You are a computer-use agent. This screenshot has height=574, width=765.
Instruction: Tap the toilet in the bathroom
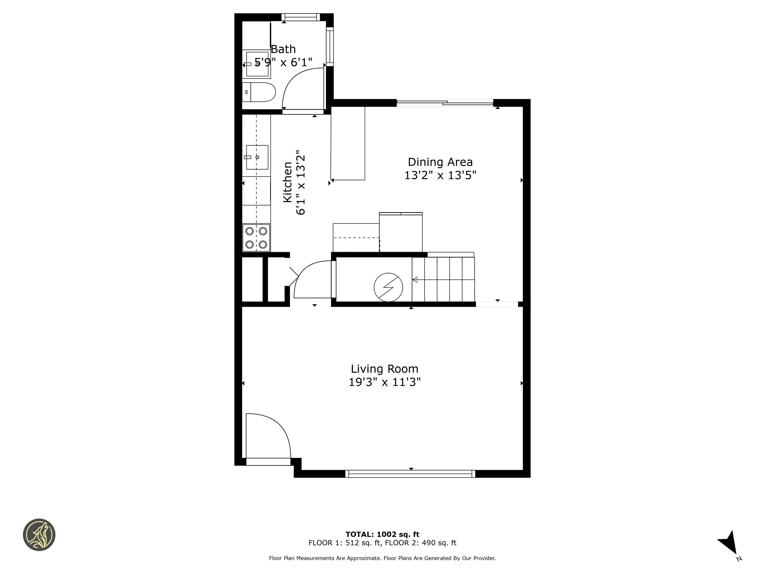(259, 92)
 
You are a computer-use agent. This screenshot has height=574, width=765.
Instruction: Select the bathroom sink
(257, 64)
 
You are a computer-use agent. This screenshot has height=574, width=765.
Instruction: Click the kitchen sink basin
(257, 157)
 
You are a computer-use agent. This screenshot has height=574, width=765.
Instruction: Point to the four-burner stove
(256, 237)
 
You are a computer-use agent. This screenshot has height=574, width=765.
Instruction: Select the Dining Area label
(440, 162)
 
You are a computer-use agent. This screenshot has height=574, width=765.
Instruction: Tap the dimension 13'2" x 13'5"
(440, 175)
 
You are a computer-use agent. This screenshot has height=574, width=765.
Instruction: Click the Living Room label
(385, 369)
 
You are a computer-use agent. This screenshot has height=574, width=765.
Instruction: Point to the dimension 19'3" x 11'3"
(385, 382)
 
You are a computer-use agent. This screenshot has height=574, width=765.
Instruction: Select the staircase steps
(443, 280)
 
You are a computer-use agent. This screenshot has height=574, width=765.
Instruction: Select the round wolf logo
(39, 535)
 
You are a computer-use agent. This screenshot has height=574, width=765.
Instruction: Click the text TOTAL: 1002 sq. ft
(382, 534)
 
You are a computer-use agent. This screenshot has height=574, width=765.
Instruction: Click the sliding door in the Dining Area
(445, 103)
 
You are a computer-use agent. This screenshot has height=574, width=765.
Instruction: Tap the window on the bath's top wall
(301, 17)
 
